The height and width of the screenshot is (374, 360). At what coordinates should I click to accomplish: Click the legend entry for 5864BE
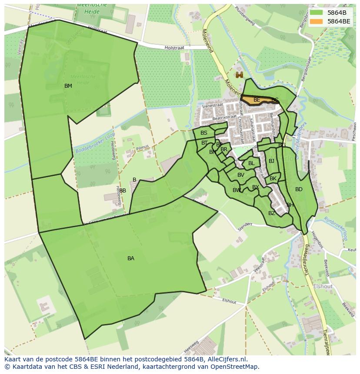338,21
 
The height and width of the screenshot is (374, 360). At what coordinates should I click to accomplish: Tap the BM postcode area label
68,86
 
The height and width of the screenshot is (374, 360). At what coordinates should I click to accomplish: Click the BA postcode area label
131,258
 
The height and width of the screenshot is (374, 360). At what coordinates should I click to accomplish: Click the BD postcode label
299,189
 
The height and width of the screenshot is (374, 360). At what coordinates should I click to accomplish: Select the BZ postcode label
272,213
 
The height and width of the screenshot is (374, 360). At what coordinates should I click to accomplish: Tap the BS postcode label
204,133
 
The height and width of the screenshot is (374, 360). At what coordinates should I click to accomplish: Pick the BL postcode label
251,163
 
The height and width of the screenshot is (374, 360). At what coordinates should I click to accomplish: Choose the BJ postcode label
272,161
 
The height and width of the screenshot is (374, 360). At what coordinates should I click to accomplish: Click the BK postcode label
273,179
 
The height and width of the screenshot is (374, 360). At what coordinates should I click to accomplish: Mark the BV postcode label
241,175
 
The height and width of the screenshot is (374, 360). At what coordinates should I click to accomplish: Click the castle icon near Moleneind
239,75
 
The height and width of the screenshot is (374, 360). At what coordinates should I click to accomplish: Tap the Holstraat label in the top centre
175,48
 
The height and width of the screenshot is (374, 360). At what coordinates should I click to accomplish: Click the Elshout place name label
323,286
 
